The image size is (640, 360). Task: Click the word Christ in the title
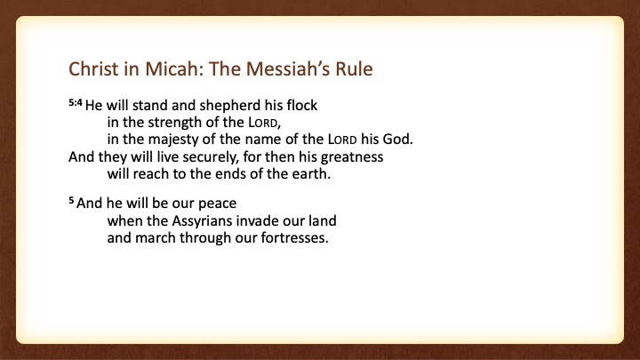point(93,68)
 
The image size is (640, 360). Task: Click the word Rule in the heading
point(355,68)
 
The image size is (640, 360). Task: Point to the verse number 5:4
point(76,102)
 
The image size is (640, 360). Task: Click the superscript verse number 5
point(71,200)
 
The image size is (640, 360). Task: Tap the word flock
point(301,105)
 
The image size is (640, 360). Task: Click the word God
point(397,140)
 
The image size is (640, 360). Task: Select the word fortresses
point(294,238)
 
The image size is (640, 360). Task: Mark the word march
point(155,238)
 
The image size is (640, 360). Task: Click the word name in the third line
point(263,140)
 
